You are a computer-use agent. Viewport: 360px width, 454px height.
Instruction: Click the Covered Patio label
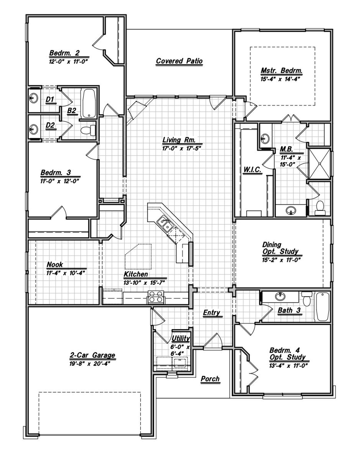click(179, 61)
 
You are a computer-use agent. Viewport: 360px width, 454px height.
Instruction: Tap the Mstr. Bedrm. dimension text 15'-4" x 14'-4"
click(280, 79)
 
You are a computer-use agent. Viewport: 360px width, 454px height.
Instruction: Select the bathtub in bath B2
click(89, 103)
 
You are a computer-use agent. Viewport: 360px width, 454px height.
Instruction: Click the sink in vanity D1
click(33, 98)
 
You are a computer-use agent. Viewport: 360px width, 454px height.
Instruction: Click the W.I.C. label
click(252, 170)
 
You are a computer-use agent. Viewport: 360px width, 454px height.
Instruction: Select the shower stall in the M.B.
click(319, 163)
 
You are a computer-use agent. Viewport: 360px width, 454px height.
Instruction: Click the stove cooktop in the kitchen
click(156, 297)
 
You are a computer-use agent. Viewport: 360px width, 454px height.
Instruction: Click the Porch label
click(210, 379)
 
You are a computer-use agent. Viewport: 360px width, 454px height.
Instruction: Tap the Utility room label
click(181, 338)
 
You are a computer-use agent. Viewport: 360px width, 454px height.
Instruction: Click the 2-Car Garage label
click(93, 355)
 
